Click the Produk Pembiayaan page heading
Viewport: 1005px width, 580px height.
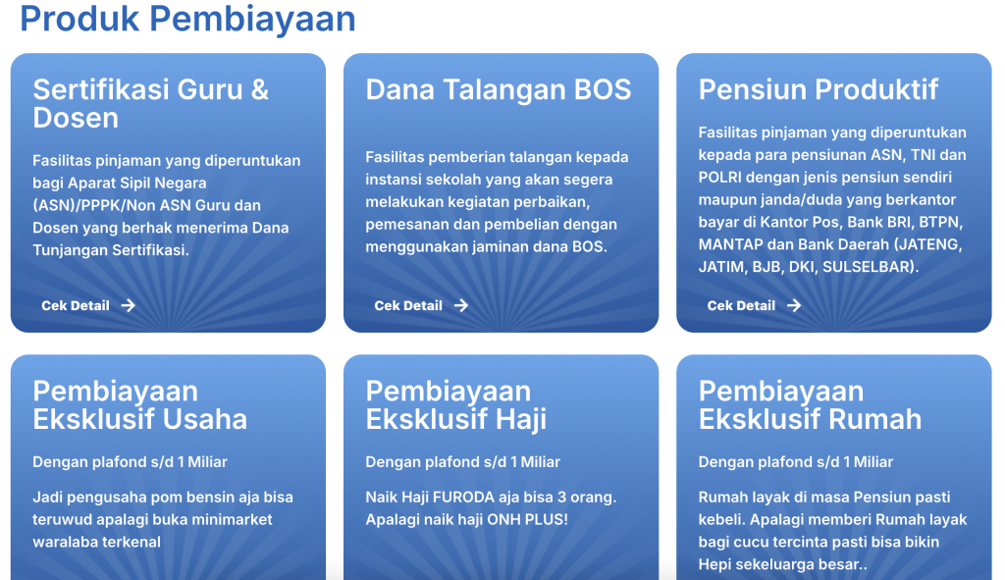point(187,19)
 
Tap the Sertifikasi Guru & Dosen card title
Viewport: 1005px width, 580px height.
point(150,103)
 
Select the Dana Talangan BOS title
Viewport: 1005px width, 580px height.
point(499,89)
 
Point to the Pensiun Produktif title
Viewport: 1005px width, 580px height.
point(819,89)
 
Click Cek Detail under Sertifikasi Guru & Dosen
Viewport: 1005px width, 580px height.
point(76,305)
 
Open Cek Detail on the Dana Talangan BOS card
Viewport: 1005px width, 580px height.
point(408,305)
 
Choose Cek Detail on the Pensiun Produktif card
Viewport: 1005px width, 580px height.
point(741,305)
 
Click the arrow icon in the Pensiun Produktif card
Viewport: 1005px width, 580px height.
point(794,305)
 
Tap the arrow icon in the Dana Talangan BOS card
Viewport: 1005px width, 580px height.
point(461,305)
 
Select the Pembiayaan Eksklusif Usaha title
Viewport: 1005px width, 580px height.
point(139,405)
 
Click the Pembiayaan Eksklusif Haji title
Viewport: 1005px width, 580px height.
point(455,405)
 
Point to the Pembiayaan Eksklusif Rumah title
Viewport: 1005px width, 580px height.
point(810,405)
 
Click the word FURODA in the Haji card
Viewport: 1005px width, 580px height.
point(464,498)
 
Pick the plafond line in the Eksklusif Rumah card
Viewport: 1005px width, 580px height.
point(795,462)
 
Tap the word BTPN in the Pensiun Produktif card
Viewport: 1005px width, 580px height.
point(940,222)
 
